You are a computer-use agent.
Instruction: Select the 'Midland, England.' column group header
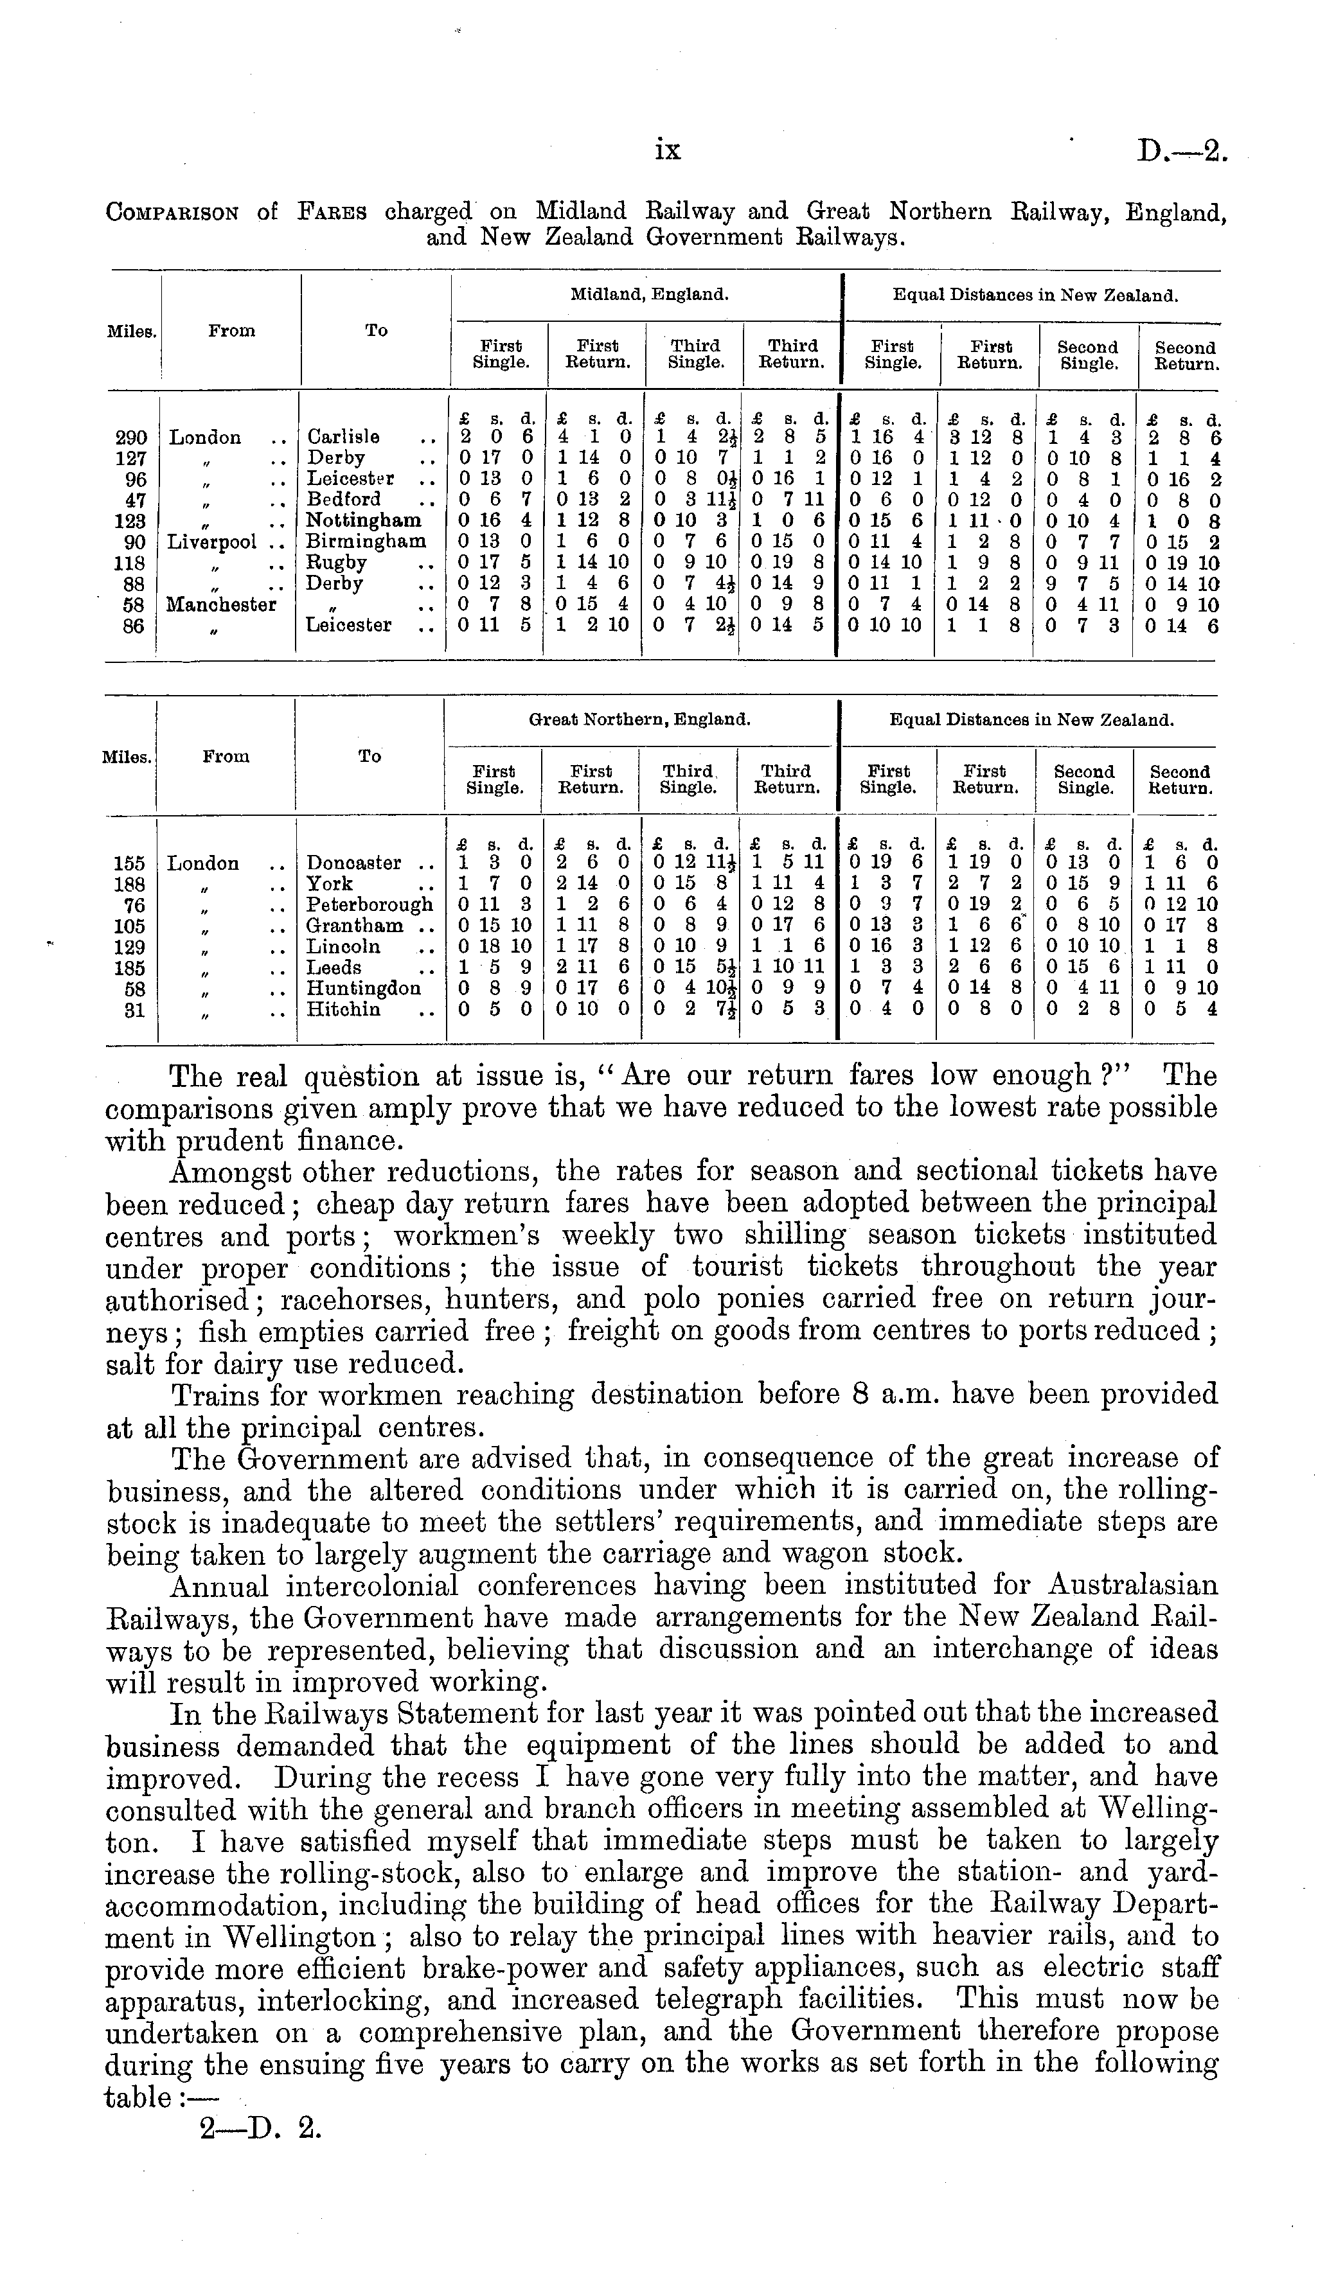pos(648,294)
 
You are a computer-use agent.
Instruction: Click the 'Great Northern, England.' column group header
pos(639,721)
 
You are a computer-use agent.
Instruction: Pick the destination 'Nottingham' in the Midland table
pos(363,521)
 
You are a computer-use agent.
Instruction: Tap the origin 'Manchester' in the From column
pos(221,605)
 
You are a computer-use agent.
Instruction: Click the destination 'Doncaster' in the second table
pos(355,863)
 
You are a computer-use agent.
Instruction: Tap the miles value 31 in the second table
pos(134,1010)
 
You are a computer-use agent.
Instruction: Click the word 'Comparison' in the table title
pos(172,213)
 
